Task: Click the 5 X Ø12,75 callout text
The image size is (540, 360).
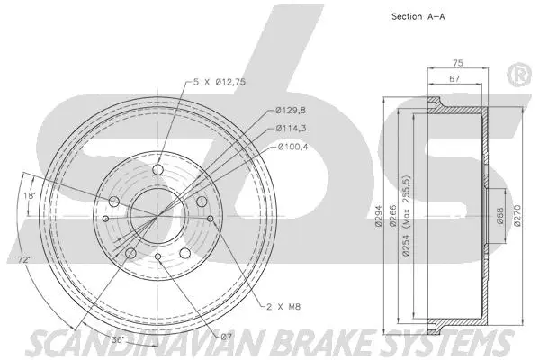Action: [221, 83]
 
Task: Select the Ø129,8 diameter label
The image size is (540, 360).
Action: [293, 112]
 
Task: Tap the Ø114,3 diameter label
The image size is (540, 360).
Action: [293, 128]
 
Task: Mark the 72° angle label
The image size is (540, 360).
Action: [24, 260]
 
